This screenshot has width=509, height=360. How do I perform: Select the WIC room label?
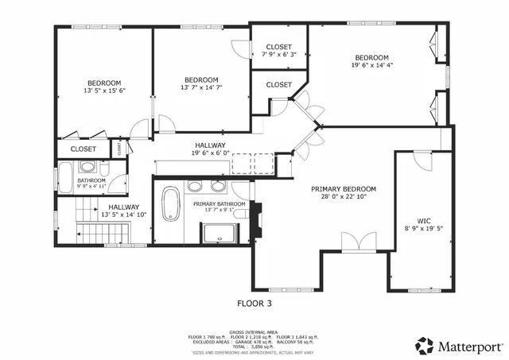click(424, 221)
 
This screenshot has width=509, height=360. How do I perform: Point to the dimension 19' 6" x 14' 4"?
click(371, 66)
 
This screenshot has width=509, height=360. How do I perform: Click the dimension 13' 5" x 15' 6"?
click(104, 91)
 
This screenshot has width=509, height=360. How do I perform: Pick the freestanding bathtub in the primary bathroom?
click(170, 204)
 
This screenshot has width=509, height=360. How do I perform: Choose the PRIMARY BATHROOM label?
click(219, 204)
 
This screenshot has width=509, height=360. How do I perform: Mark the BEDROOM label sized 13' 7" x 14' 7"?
click(201, 87)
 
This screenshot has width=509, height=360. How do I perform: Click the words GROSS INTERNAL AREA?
click(254, 331)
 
